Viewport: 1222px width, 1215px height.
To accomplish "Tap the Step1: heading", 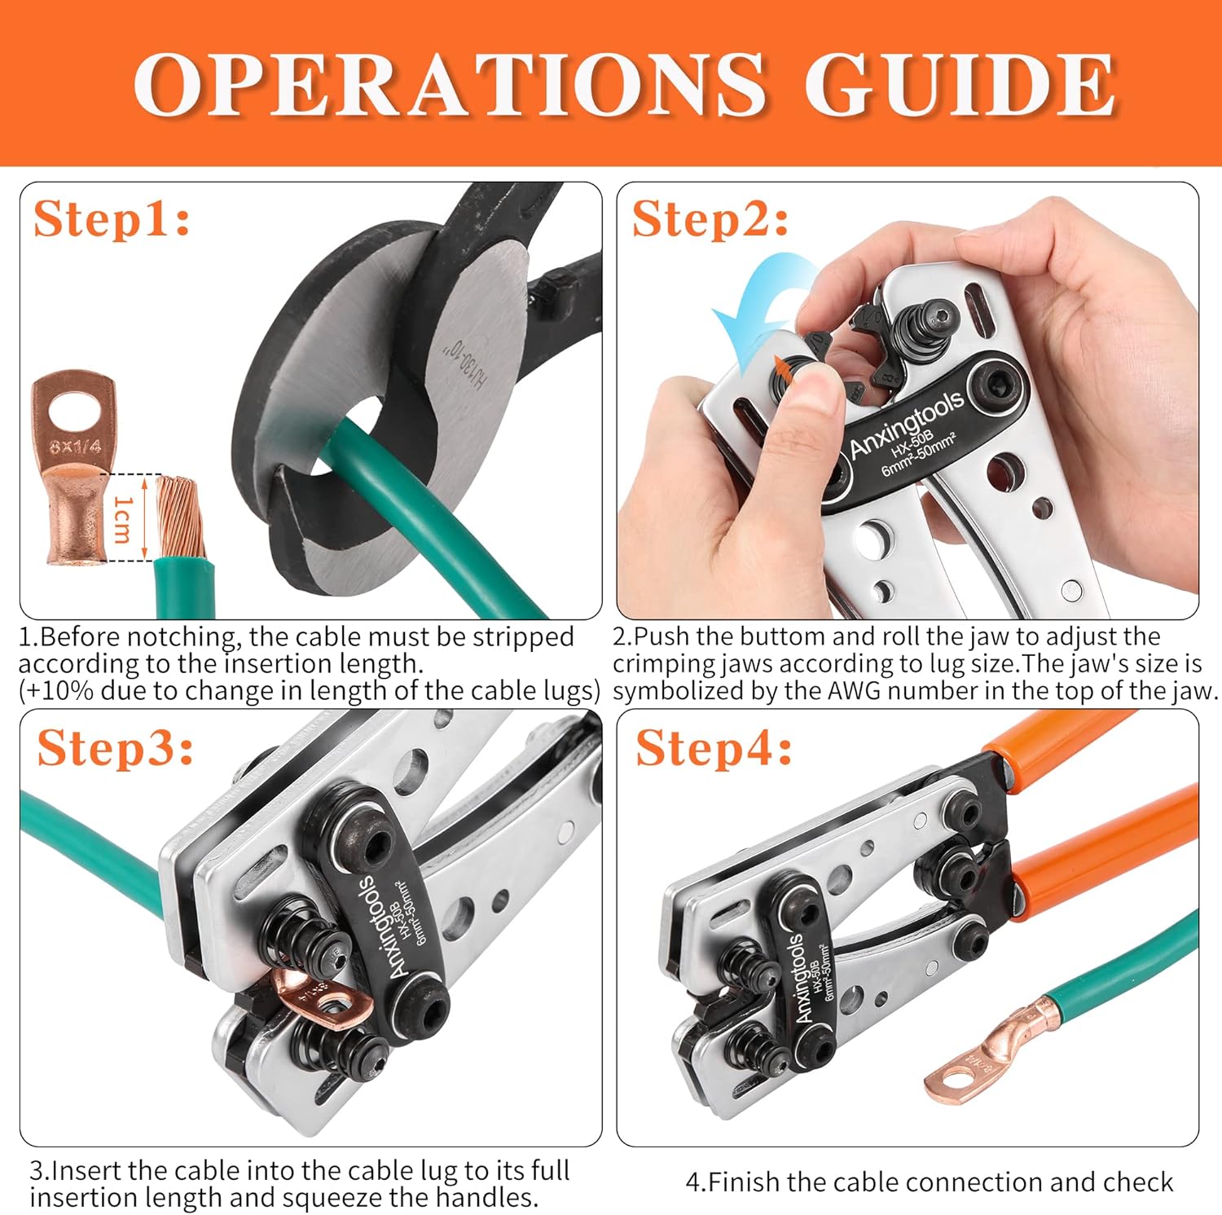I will point(112,219).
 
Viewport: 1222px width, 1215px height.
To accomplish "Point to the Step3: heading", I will point(115,747).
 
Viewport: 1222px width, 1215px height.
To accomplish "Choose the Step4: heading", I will point(714,747).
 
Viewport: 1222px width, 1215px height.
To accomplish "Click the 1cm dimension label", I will point(122,518).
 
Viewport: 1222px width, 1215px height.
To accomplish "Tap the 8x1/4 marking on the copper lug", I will point(75,446).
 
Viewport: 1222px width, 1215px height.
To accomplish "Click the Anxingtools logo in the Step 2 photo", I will point(906,423).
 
